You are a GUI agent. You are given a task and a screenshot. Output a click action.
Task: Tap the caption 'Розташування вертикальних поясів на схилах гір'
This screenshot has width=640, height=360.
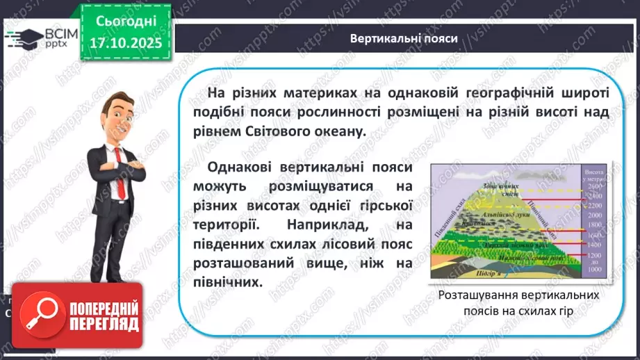[519, 303]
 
